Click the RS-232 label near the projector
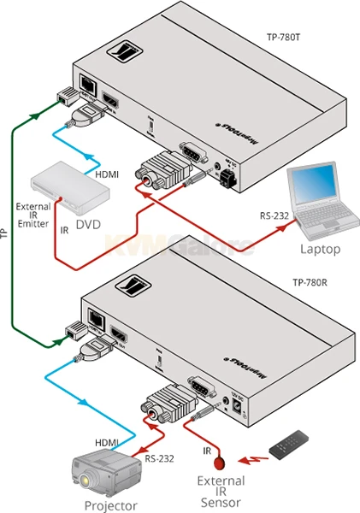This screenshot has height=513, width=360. tap(157, 458)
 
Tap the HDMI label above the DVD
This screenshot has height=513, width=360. tap(107, 174)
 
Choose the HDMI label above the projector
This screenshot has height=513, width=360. tap(108, 441)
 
